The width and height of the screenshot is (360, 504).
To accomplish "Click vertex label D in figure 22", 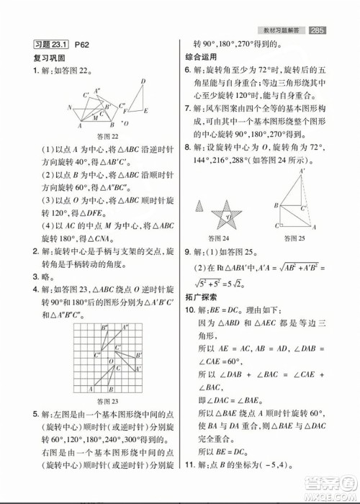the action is pos(143,81).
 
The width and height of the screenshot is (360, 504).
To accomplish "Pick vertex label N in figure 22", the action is pos(70,109).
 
